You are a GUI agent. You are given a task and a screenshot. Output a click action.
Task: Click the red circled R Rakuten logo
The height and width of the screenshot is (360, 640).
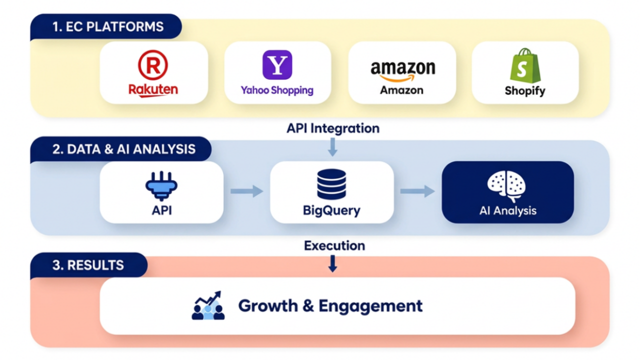(x=153, y=65)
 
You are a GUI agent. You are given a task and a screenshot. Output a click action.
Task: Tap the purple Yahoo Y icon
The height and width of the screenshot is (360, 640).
(x=277, y=64)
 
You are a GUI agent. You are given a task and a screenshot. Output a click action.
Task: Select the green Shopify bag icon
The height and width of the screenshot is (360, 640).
(x=525, y=65)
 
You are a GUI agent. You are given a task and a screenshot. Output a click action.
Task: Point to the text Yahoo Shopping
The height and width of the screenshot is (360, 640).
(x=277, y=90)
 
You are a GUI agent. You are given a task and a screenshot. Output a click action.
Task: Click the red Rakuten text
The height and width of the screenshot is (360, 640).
(x=153, y=90)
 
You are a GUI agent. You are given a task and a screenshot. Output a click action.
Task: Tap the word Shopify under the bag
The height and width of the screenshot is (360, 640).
(x=525, y=91)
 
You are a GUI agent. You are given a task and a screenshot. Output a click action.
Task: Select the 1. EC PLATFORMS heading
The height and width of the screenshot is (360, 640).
(x=108, y=26)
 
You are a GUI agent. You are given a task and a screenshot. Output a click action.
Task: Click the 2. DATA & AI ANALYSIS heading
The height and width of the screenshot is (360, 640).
(x=124, y=149)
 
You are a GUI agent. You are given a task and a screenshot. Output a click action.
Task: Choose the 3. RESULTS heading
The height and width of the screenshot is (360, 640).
(x=88, y=265)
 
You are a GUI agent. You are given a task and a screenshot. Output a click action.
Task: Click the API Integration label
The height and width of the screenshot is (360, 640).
(x=333, y=128)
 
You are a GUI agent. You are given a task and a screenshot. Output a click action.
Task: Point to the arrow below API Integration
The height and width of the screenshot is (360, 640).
(x=332, y=147)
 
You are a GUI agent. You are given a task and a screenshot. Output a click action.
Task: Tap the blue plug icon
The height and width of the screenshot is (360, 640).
(x=161, y=186)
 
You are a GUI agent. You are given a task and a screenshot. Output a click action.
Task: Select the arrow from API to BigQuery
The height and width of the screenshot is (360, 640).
(x=247, y=191)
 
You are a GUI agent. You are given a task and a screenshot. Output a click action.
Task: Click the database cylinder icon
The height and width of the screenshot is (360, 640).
(x=331, y=184)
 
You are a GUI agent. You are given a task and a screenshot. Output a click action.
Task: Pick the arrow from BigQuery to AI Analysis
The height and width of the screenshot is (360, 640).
(x=417, y=191)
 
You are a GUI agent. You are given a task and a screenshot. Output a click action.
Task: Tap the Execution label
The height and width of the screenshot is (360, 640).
(x=334, y=245)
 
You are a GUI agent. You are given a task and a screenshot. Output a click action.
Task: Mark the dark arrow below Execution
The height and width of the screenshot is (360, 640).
(x=332, y=263)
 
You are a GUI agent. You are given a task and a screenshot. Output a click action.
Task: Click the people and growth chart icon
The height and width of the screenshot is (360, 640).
(x=208, y=305)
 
